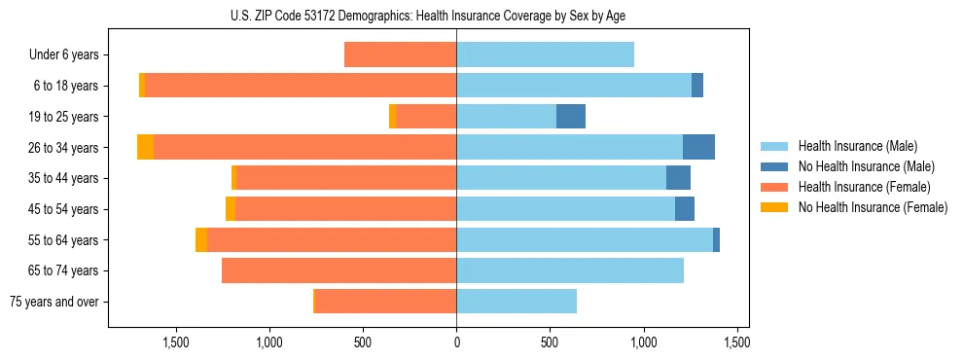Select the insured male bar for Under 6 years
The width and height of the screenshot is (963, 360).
click(x=545, y=54)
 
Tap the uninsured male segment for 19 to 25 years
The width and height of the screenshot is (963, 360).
click(x=571, y=117)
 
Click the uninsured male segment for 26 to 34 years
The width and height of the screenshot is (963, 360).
click(x=698, y=147)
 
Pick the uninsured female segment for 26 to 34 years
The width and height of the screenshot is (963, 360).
click(x=145, y=147)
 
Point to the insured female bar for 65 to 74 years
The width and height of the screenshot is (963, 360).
click(x=339, y=270)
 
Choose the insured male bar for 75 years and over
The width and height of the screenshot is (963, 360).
click(x=517, y=302)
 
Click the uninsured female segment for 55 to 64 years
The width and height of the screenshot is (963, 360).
click(x=201, y=239)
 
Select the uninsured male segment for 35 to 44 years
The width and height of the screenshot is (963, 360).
click(x=678, y=178)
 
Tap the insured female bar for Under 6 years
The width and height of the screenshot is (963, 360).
click(x=401, y=54)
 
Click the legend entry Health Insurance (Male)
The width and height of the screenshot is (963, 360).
click(x=857, y=146)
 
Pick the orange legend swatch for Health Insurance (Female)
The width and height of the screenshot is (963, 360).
click(x=774, y=187)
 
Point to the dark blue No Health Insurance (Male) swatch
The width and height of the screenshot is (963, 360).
click(x=774, y=166)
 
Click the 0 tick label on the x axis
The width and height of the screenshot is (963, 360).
click(x=456, y=342)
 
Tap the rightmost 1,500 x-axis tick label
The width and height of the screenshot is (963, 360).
click(x=736, y=342)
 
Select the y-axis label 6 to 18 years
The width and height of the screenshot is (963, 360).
click(x=65, y=86)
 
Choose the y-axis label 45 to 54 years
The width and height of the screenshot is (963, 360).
click(x=63, y=209)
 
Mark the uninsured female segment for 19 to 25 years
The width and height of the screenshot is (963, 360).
click(x=392, y=117)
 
